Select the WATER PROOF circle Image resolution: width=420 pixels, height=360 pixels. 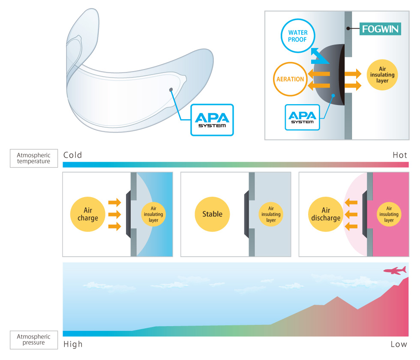(x=298, y=36)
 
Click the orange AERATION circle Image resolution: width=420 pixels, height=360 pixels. (x=290, y=79)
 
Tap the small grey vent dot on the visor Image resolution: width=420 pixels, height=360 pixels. (x=171, y=89)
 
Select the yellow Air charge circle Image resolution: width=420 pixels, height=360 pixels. (x=88, y=214)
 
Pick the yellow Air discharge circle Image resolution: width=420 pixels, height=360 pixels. (x=326, y=214)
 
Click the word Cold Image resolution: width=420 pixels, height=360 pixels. (x=72, y=155)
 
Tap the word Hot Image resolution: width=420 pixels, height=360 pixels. (x=399, y=155)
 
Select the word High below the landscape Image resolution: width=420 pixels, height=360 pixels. (x=73, y=344)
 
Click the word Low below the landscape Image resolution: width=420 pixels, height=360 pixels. (x=399, y=344)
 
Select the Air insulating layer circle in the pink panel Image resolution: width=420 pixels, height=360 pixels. (x=389, y=214)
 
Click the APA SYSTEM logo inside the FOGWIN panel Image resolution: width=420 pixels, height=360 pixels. (x=303, y=117)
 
